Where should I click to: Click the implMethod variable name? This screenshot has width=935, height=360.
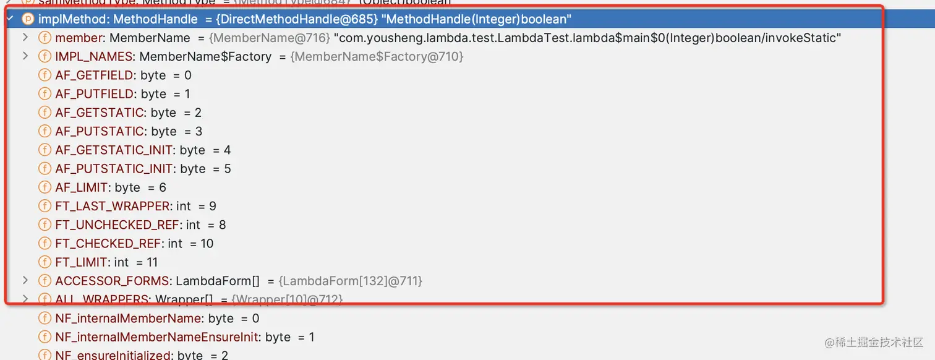click(73, 19)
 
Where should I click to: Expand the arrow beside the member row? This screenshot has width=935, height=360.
click(25, 38)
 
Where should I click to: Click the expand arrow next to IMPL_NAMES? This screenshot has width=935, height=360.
click(25, 56)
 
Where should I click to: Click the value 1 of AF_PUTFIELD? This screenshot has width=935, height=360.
click(187, 94)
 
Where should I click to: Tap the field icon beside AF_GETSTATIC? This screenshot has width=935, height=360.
click(45, 113)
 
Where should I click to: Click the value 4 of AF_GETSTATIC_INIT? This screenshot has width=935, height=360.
click(227, 150)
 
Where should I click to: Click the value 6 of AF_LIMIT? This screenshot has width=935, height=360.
click(163, 187)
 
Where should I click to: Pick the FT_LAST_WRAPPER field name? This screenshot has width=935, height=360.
click(112, 206)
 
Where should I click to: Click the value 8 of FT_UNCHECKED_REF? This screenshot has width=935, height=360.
click(222, 225)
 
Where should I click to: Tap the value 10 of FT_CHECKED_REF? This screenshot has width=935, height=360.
click(207, 244)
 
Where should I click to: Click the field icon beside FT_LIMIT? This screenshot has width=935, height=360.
click(45, 262)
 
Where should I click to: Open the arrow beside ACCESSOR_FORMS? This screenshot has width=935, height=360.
click(25, 281)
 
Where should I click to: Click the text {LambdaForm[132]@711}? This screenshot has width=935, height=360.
click(350, 281)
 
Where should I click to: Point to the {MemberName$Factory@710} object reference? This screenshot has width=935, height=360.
click(377, 56)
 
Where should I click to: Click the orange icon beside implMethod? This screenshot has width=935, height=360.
click(28, 19)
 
